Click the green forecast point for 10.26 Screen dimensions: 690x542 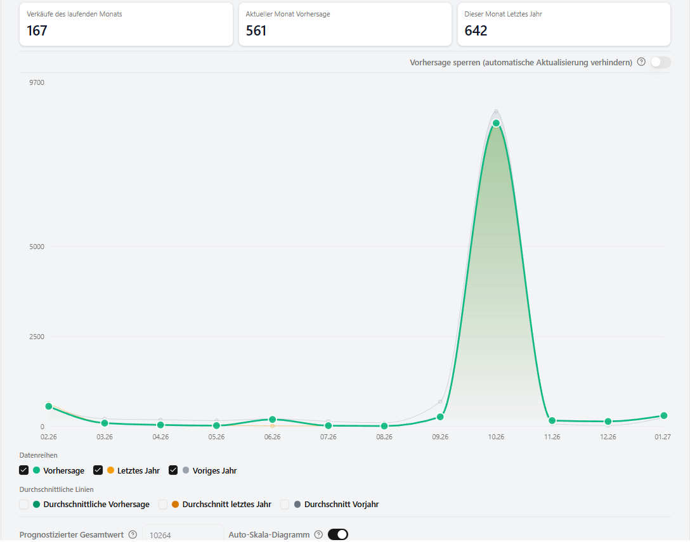[x=496, y=123]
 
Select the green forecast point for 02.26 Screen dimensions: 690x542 [x=49, y=406]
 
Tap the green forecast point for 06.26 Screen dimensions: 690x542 [x=273, y=419]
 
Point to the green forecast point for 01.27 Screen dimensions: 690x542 [x=664, y=415]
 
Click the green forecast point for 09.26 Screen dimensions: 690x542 [x=440, y=416]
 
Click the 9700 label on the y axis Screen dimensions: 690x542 [x=37, y=82]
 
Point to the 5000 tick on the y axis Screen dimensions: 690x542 [x=37, y=247]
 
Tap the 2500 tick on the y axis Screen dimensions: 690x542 [x=37, y=337]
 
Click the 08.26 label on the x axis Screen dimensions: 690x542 [x=384, y=437]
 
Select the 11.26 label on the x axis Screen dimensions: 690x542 [x=552, y=437]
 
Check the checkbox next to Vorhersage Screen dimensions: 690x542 [x=23, y=470]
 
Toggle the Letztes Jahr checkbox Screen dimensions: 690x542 [x=98, y=470]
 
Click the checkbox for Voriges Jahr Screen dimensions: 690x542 [x=173, y=470]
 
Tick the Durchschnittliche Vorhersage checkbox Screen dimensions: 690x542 [x=23, y=504]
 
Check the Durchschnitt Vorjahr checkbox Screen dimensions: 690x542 [x=285, y=504]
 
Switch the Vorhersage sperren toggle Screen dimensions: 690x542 [x=661, y=62]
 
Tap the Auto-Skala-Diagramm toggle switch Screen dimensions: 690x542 [x=338, y=534]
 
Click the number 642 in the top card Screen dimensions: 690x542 [x=476, y=31]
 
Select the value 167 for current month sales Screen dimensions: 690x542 [x=37, y=31]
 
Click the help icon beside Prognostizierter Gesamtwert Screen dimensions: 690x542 [x=133, y=534]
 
